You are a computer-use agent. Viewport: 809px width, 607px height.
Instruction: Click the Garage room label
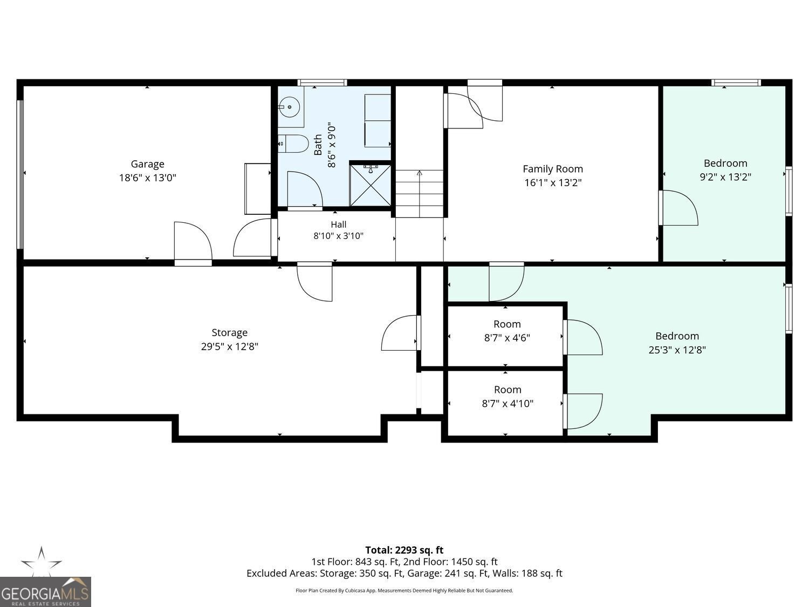(147, 164)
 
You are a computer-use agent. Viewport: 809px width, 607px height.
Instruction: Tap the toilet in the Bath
(293, 144)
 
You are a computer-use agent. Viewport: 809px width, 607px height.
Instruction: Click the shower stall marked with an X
(370, 185)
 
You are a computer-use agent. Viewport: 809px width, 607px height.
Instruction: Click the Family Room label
(553, 169)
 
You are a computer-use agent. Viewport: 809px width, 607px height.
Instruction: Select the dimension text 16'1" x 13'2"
(553, 182)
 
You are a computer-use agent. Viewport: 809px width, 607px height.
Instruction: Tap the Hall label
(338, 224)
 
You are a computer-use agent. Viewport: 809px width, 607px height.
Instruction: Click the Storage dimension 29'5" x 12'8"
(229, 346)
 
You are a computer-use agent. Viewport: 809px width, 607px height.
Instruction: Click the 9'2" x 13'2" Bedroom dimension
(725, 177)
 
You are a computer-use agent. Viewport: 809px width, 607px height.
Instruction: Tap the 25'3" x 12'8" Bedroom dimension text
(677, 350)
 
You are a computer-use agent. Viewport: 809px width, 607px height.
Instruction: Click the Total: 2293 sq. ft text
(404, 550)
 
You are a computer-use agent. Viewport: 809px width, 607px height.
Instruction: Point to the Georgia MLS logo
(45, 592)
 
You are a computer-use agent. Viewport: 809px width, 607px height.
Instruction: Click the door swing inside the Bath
(305, 189)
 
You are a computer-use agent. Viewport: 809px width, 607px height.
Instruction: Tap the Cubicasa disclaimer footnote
(404, 590)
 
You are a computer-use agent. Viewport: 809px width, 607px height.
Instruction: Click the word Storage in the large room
(229, 333)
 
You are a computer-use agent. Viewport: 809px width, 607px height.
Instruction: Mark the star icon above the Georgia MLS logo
(42, 562)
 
